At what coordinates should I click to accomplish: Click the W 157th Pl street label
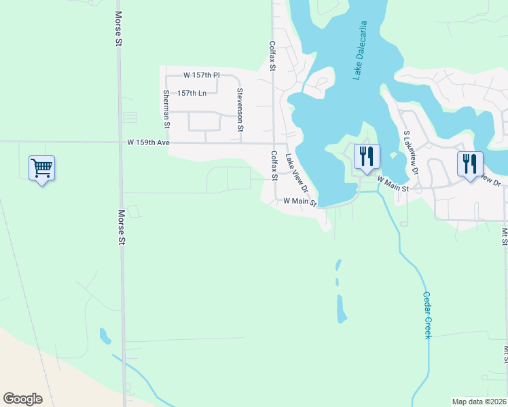tap(202, 75)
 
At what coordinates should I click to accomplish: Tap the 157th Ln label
tap(192, 93)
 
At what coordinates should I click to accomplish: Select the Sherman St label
tap(166, 109)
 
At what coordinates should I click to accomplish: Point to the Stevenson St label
tap(240, 110)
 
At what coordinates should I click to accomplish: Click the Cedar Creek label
tap(427, 315)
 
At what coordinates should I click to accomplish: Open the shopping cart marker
tap(41, 167)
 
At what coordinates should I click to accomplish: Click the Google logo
tap(22, 399)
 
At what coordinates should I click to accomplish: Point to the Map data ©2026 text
tap(479, 402)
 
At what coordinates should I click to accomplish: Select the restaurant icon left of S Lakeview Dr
tap(366, 157)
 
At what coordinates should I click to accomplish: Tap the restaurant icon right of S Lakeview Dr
tap(469, 164)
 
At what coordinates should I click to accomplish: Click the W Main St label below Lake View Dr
tap(300, 201)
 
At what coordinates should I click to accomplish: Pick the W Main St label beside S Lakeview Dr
tap(393, 184)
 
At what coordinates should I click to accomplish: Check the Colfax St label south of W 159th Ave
tap(274, 166)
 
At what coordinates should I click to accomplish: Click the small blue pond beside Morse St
tap(105, 335)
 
